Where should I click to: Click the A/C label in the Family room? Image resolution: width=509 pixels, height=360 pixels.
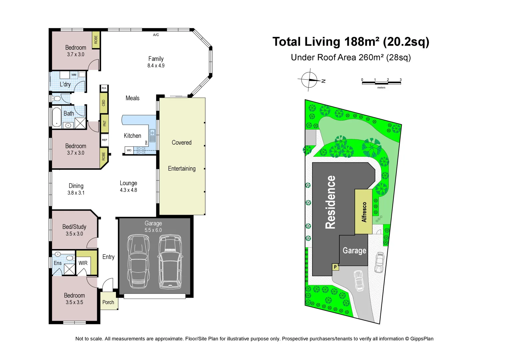tap(156, 35)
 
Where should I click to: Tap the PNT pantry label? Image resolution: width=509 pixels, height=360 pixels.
tap(105, 123)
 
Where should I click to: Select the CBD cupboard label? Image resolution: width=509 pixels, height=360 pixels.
tap(104, 103)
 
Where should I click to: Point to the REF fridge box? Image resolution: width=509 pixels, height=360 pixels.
tap(105, 140)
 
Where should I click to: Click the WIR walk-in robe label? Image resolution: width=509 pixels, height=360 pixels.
tap(83, 263)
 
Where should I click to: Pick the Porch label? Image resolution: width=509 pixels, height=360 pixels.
tap(108, 302)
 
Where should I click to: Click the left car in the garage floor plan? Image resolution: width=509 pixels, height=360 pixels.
tap(138, 261)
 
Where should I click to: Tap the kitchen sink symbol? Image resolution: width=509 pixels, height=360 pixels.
tap(152, 135)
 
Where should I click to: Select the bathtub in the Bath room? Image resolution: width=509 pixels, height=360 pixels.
tap(57, 117)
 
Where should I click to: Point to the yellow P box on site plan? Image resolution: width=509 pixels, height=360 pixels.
tap(335, 267)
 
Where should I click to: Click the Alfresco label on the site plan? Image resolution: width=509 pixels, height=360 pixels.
tap(364, 212)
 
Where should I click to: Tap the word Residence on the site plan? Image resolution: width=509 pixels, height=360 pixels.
tap(330, 202)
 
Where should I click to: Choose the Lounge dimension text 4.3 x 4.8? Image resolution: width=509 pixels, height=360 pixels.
tap(129, 190)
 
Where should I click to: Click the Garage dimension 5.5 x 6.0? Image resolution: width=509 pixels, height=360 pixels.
tap(153, 230)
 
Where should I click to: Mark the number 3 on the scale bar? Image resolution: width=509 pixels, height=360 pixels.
tap(400, 80)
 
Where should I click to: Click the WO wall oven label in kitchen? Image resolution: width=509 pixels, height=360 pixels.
tap(129, 150)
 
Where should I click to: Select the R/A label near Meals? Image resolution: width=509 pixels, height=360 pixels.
tap(104, 88)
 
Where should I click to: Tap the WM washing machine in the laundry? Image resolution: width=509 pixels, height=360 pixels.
tap(74, 75)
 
